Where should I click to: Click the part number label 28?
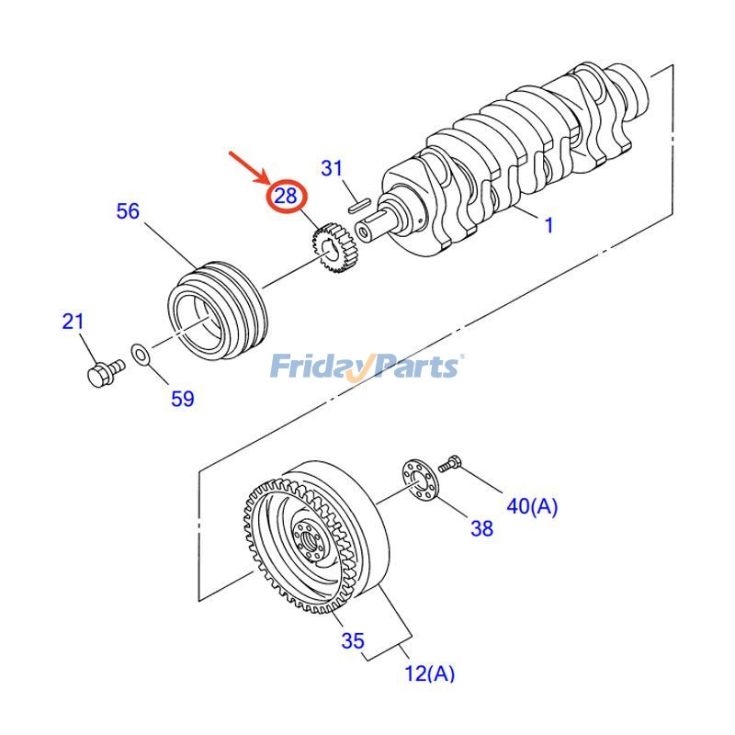[x=286, y=196]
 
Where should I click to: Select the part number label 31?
[x=332, y=168]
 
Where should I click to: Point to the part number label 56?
[x=128, y=211]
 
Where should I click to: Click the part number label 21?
[x=73, y=322]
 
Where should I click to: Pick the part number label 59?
[x=183, y=399]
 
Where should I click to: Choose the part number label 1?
[x=549, y=225]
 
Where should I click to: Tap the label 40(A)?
[x=532, y=505]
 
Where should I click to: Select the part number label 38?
[x=481, y=528]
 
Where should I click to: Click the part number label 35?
[x=353, y=641]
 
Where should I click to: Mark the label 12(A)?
[x=429, y=673]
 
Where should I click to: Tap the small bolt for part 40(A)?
[x=450, y=464]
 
